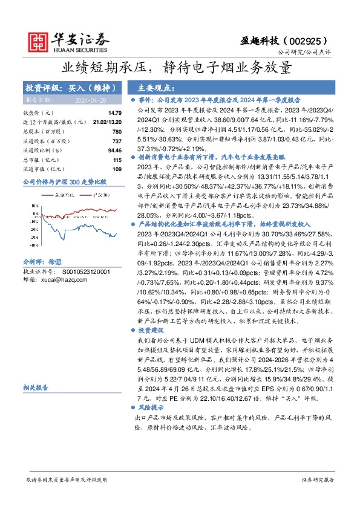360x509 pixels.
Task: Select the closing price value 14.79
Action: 115,113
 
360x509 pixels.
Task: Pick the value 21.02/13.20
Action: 109,122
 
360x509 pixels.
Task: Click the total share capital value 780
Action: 117,132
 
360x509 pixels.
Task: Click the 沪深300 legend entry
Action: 100,195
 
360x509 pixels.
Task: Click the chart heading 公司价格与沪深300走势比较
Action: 64,181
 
